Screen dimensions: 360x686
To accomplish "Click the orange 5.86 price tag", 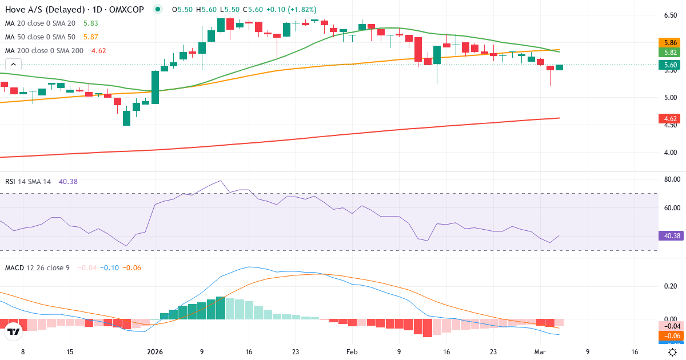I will pos(671,42).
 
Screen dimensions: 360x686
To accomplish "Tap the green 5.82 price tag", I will pos(671,52).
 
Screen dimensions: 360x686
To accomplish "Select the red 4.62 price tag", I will pos(671,119).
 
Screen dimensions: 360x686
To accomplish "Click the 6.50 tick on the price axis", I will pos(671,15).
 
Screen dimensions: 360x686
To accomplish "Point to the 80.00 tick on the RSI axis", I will pos(671,179).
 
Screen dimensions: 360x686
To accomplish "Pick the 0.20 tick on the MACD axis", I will pos(671,286).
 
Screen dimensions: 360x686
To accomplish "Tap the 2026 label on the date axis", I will pos(155,352).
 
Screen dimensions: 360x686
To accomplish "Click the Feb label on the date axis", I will pos(352,352).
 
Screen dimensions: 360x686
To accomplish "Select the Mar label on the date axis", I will pos(541,352).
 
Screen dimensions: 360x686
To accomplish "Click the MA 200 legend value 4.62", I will pos(99,50).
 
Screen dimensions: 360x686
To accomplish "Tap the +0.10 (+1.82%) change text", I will pos(291,10).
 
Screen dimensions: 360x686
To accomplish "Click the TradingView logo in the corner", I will pos(13,331).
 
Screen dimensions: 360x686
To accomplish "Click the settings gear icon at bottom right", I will pos(673,352).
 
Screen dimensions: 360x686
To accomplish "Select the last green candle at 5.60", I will pos(559,67).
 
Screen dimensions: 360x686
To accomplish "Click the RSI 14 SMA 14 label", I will pos(28,181).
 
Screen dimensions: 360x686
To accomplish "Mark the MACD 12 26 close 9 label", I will pos(37,267).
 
